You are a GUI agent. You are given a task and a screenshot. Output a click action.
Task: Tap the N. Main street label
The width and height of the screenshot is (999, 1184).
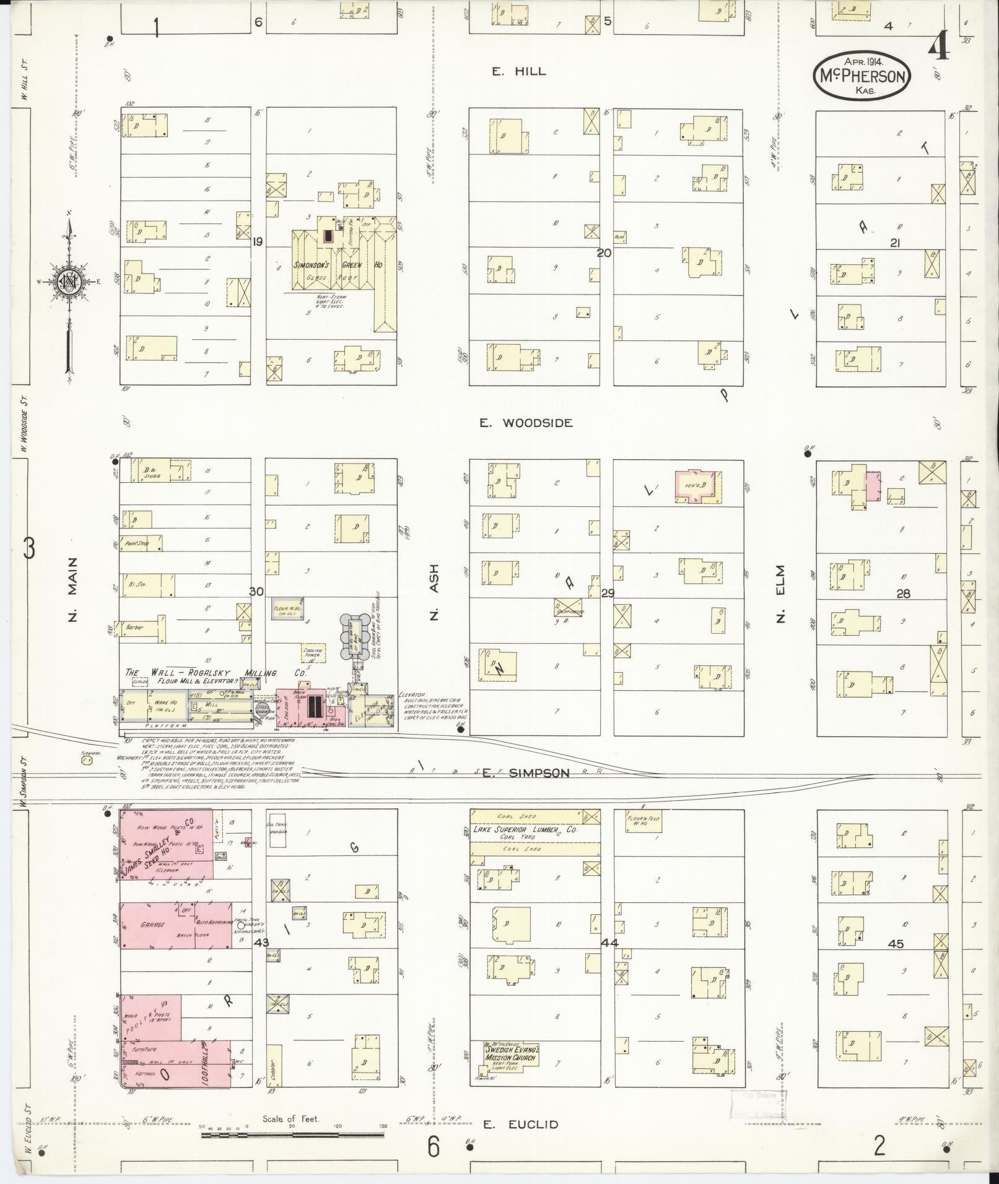(x=73, y=589)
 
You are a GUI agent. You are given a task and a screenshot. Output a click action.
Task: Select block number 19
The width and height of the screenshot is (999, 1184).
(x=257, y=242)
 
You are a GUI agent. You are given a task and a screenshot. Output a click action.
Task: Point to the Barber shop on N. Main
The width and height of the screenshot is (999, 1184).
(x=142, y=627)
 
